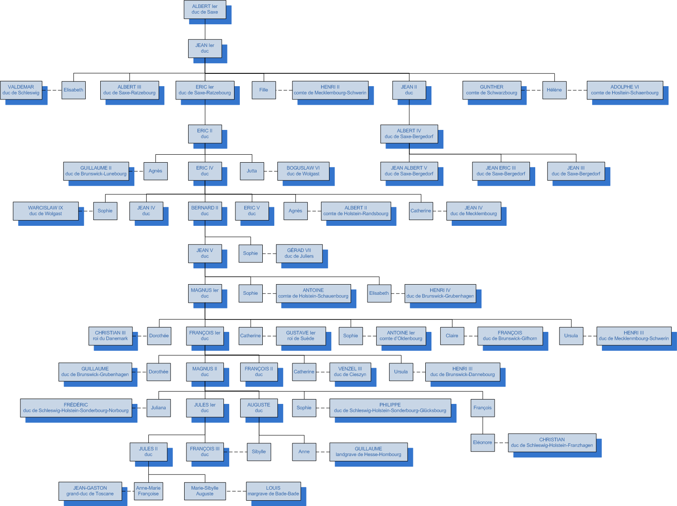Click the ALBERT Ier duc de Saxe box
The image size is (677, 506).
(x=205, y=9)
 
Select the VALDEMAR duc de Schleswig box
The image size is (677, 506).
(x=21, y=90)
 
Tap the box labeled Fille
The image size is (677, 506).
(x=264, y=90)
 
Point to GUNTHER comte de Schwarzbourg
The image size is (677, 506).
(x=492, y=90)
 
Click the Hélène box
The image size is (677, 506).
(x=554, y=90)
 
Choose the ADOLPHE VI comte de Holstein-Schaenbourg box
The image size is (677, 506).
(x=624, y=90)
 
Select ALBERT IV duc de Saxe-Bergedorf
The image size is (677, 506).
(x=409, y=134)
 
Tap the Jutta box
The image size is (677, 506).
(x=252, y=171)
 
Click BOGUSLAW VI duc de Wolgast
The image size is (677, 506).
(x=303, y=171)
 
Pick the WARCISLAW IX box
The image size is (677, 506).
(x=45, y=211)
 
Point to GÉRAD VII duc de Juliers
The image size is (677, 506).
(x=299, y=253)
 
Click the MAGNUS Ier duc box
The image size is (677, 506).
(x=205, y=293)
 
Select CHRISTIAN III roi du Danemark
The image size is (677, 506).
(x=110, y=336)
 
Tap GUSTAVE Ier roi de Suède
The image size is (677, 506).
(x=301, y=336)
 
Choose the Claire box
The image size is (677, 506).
(x=452, y=336)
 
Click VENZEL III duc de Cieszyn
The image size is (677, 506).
(x=350, y=372)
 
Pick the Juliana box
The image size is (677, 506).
(x=159, y=408)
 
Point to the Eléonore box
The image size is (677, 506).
(x=482, y=442)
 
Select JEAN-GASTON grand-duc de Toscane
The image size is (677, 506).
(x=90, y=491)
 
